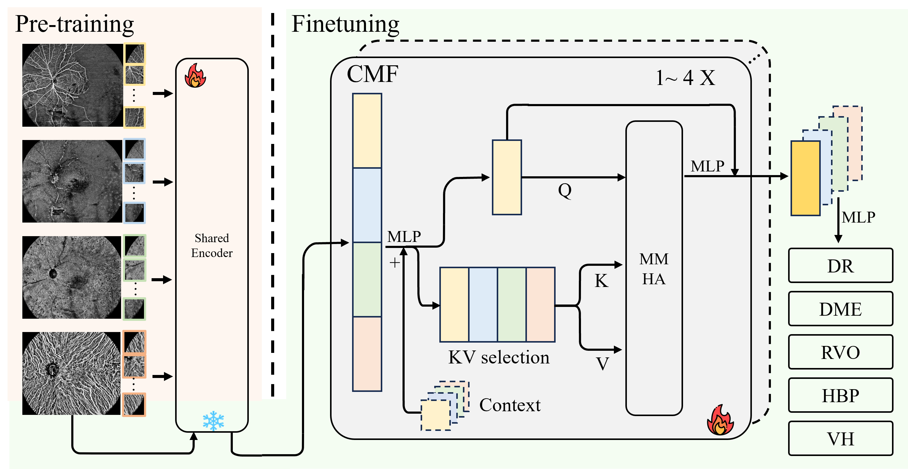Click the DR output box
point(840,266)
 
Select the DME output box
point(840,309)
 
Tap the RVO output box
point(840,352)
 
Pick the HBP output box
point(840,395)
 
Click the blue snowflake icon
point(213,421)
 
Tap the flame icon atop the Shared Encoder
point(195,76)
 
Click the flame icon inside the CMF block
point(720,421)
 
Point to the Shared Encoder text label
point(212,245)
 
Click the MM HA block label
point(654,269)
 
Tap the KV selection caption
point(499,357)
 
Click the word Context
point(510,405)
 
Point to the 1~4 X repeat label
point(685,78)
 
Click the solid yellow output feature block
point(805,178)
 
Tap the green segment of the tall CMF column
point(367,279)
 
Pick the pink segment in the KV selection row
point(540,305)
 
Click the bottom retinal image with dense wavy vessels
point(72,373)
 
